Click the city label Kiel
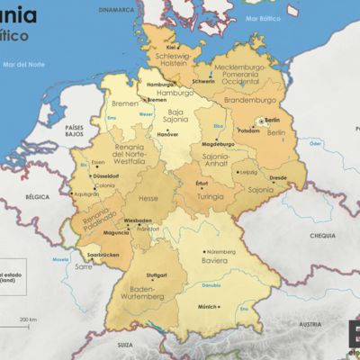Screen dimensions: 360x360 pyautogui.click(x=171, y=47)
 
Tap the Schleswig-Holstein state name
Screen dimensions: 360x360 pyautogui.click(x=172, y=59)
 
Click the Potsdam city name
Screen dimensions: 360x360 pyautogui.click(x=248, y=130)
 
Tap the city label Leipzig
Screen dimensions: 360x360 pyautogui.click(x=248, y=172)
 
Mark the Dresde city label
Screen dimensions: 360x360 pyautogui.click(x=277, y=177)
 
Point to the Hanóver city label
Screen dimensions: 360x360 pyautogui.click(x=168, y=134)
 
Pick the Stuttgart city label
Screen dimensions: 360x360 pyautogui.click(x=157, y=275)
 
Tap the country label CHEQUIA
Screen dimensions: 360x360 pyautogui.click(x=321, y=235)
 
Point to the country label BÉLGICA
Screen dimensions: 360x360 pyautogui.click(x=37, y=195)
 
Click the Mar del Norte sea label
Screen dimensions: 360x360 pyautogui.click(x=23, y=64)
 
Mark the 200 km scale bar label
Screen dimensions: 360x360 pyautogui.click(x=28, y=319)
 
